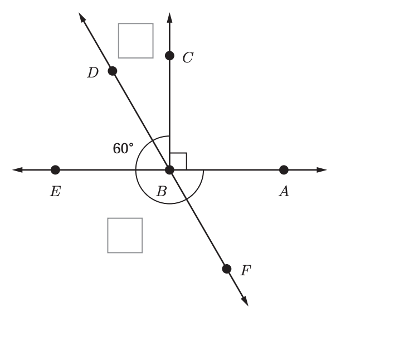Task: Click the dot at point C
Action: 169,56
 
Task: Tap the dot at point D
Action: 113,71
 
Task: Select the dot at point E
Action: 55,170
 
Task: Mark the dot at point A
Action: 284,170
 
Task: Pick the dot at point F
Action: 227,269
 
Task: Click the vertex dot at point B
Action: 169,170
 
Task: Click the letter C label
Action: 188,57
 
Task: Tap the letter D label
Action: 93,72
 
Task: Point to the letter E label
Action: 55,191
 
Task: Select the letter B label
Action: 162,191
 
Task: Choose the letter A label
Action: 284,191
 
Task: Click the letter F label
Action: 246,270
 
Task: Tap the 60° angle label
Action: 123,148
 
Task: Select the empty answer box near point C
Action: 135,41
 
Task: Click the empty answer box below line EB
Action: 125,235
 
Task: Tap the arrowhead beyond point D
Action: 82,17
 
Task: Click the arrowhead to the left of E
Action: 17,170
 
